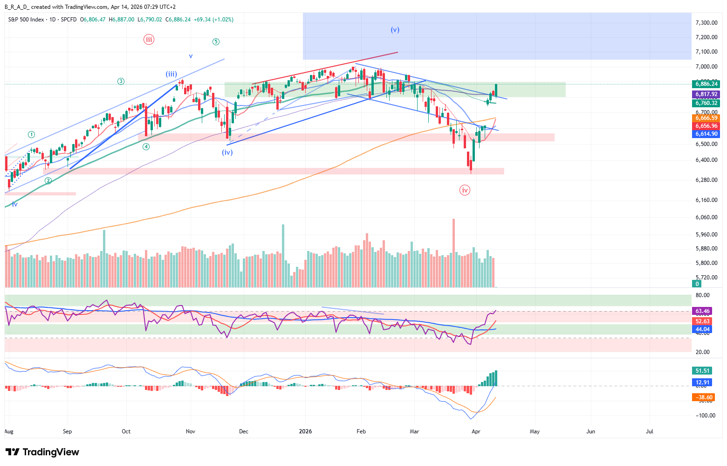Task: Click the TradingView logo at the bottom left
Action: (x=42, y=452)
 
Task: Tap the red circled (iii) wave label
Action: (x=149, y=39)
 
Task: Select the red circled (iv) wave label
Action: (x=465, y=190)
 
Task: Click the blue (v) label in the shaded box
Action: (x=395, y=30)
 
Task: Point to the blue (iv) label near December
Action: (x=227, y=152)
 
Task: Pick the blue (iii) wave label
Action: (x=171, y=74)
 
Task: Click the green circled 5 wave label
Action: (x=216, y=42)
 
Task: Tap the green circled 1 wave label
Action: (x=31, y=134)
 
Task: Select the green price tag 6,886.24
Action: (x=706, y=84)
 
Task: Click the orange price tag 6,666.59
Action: (x=706, y=118)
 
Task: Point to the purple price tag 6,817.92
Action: (x=706, y=94)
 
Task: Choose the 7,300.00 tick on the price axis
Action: (x=706, y=23)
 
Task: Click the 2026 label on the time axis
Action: (x=305, y=431)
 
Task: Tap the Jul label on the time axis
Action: (x=649, y=431)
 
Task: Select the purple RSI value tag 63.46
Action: (x=702, y=311)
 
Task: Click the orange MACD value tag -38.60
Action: (x=703, y=397)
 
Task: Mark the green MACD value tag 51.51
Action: (x=702, y=371)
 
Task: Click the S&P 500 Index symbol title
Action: (x=26, y=20)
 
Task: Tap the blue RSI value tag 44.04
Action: (x=702, y=329)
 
